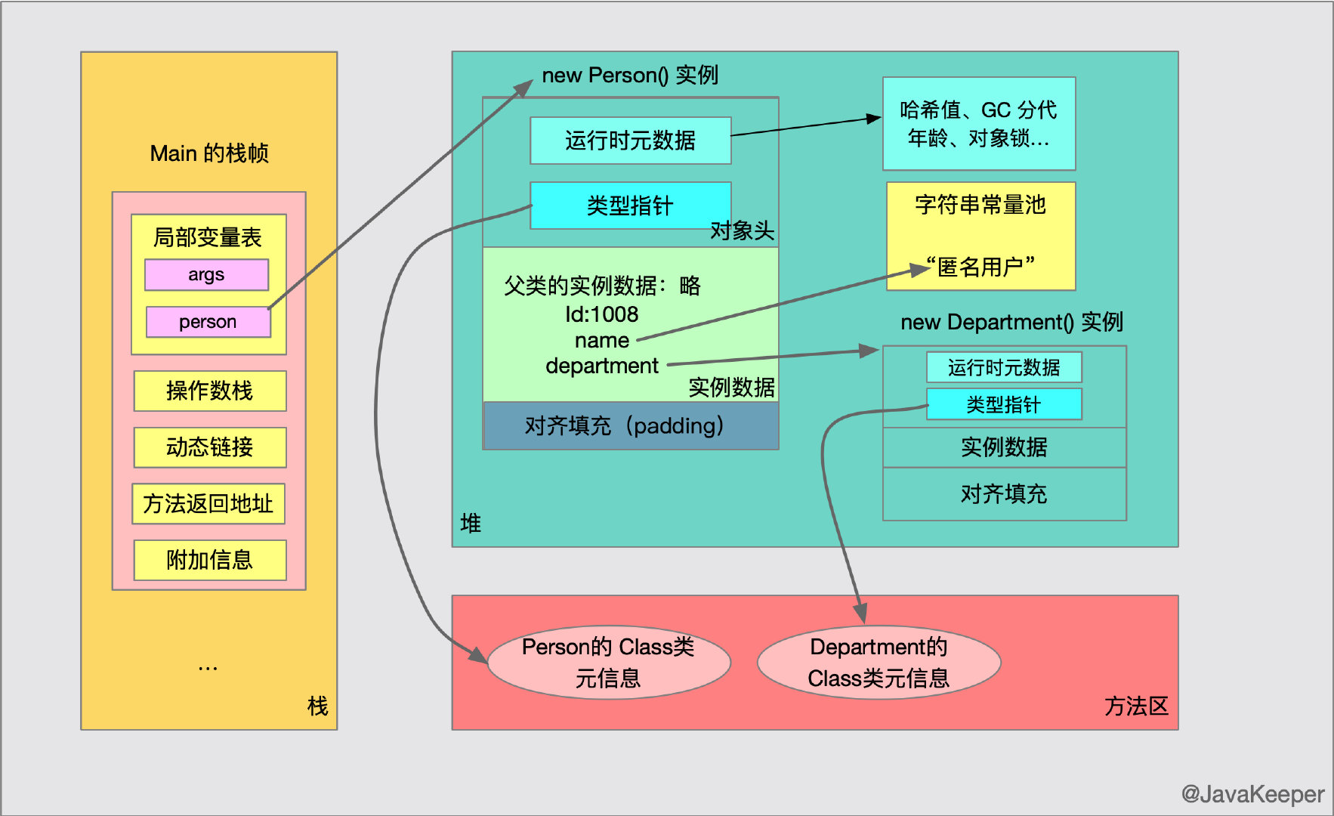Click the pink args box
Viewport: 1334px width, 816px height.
[x=206, y=275]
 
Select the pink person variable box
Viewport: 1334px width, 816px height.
[x=208, y=322]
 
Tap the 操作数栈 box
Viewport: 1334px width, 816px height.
[x=210, y=391]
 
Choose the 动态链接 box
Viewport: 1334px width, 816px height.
[x=210, y=447]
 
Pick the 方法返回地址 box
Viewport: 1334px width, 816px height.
[x=208, y=504]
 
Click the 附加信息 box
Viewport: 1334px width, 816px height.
[x=210, y=560]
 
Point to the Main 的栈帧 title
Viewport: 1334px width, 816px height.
[x=209, y=153]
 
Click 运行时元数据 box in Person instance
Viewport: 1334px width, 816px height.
[x=630, y=141]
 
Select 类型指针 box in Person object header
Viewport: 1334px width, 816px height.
[x=630, y=206]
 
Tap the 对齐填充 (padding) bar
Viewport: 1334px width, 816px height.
[x=630, y=426]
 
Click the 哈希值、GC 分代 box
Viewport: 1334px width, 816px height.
[x=979, y=124]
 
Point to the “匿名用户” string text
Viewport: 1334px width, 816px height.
[x=980, y=267]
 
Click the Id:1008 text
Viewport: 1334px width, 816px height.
[x=602, y=314]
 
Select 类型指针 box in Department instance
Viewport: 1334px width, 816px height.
[x=1004, y=404]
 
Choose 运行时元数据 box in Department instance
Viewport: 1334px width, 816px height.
[x=1004, y=367]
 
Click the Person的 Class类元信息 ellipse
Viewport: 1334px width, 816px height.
[x=609, y=662]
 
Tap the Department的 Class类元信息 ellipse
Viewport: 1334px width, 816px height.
[x=879, y=662]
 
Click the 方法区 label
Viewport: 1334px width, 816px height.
[x=1136, y=706]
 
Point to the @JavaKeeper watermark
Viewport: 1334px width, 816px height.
[x=1252, y=794]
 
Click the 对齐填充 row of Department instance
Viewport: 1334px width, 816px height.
[x=1004, y=494]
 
